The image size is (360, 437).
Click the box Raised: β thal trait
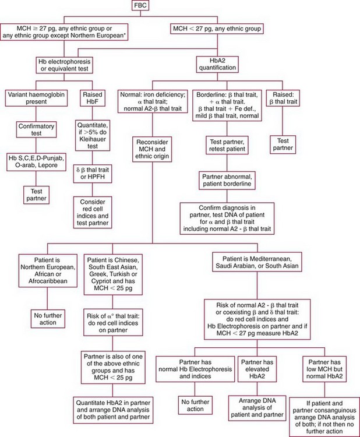(x=281, y=98)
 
